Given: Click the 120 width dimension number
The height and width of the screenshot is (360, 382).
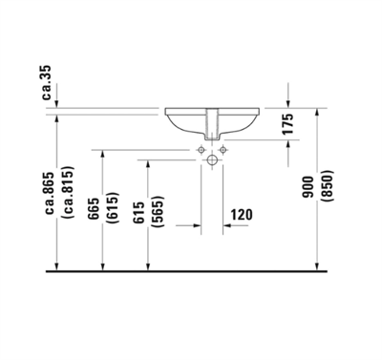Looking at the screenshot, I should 242,216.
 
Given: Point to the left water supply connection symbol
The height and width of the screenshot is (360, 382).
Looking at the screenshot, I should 199,150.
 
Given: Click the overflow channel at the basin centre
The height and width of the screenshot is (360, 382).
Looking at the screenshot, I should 209,123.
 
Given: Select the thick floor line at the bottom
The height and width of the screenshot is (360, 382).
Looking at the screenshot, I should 191,272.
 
